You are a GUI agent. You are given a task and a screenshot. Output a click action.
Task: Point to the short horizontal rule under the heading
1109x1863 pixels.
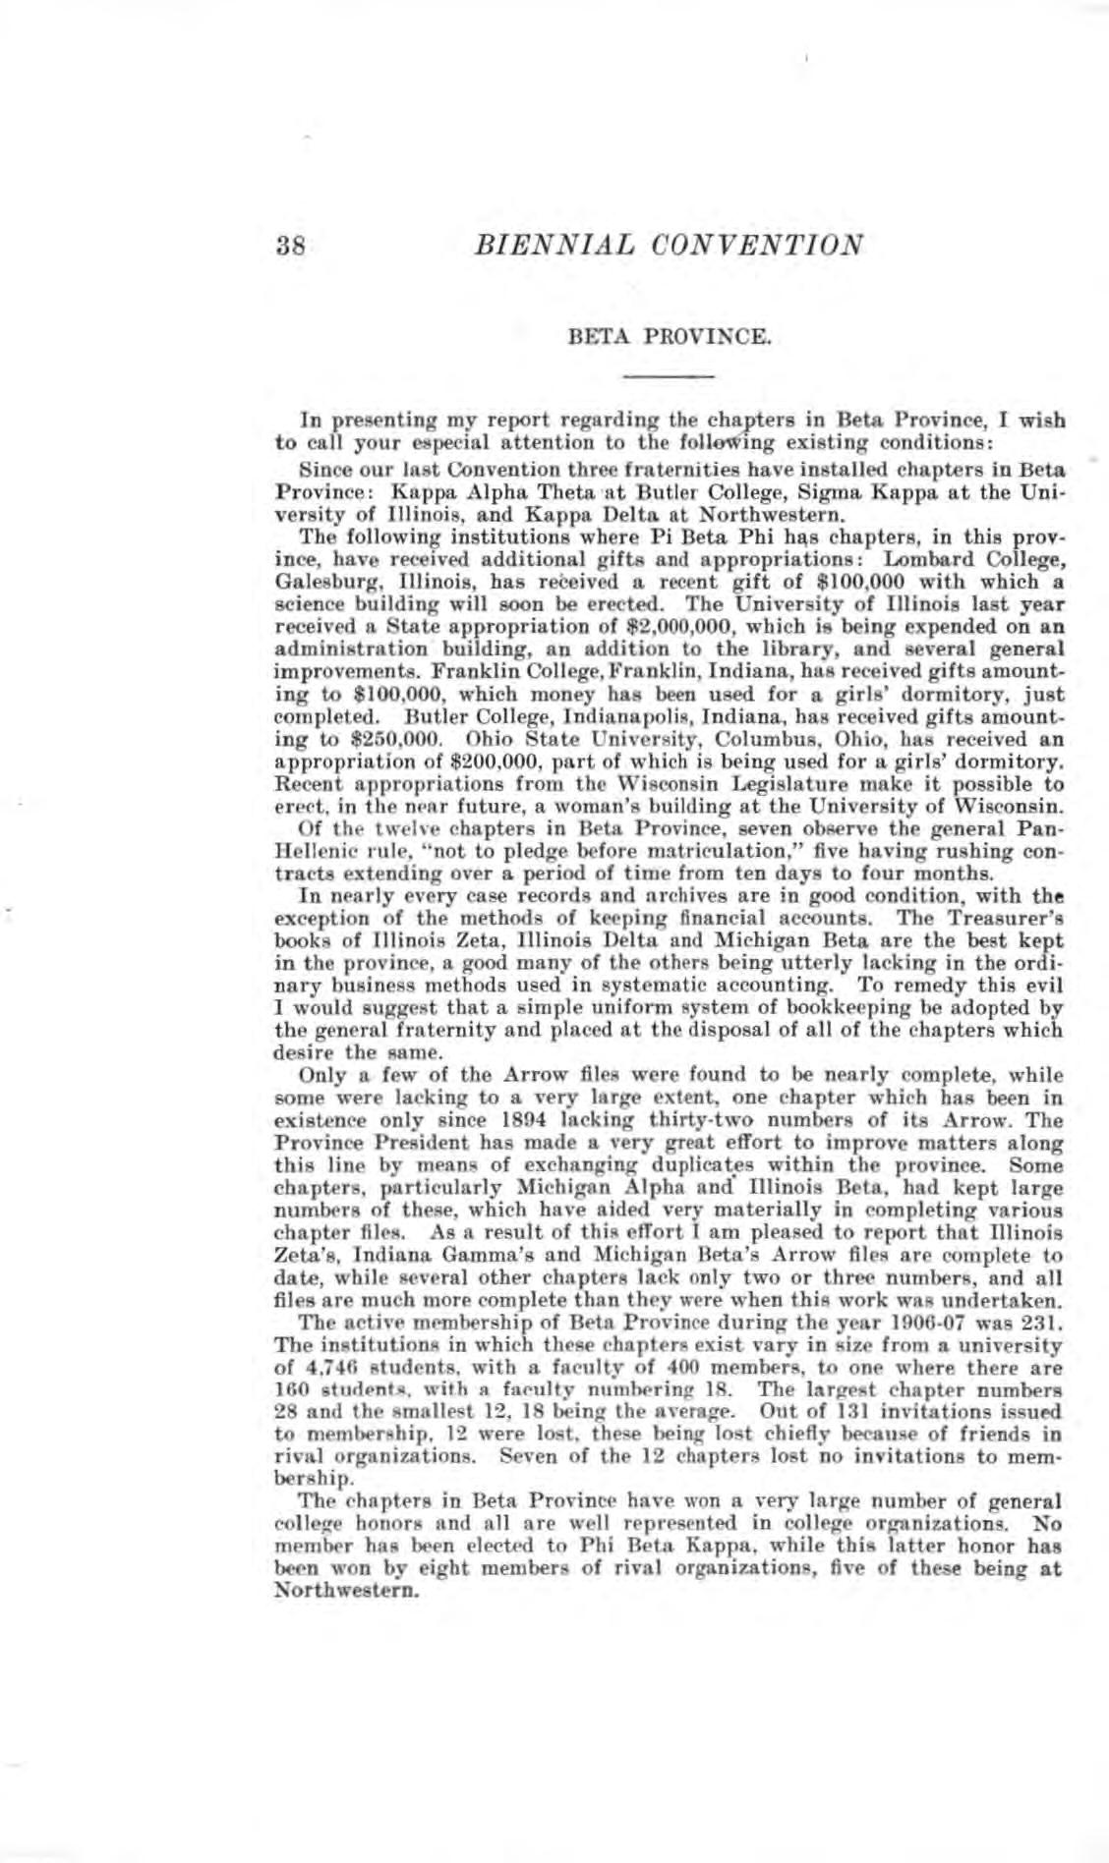[x=669, y=375]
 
